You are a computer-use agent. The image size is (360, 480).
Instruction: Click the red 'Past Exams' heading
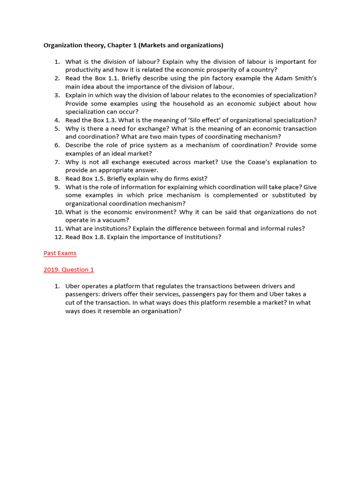point(60,253)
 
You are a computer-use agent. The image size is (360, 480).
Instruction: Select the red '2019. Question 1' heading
point(68,270)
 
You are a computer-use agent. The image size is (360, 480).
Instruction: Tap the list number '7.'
point(57,162)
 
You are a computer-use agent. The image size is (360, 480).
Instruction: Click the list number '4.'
point(57,120)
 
